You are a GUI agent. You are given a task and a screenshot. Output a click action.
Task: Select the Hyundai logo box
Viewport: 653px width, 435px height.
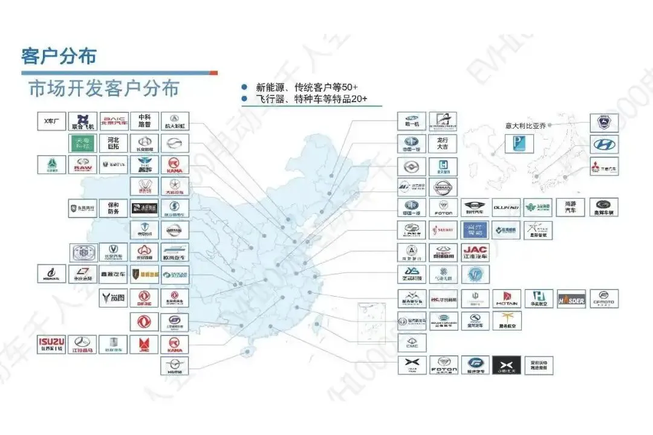[x=604, y=144]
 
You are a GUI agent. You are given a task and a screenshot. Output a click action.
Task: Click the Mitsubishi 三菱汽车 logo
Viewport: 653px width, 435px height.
[x=604, y=166]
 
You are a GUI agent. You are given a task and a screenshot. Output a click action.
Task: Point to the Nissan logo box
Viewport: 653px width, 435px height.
[x=443, y=187]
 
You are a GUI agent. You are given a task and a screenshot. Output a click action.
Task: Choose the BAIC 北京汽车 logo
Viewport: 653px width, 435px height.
[x=113, y=121]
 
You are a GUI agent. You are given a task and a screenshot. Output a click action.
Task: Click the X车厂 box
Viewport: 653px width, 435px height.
[x=51, y=121]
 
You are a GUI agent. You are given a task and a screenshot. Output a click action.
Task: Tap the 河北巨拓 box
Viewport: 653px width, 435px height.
[x=113, y=143]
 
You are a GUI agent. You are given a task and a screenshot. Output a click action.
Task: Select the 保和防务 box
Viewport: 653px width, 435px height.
[x=113, y=208]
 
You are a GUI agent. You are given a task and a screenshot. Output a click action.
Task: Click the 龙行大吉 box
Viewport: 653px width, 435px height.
[x=443, y=143]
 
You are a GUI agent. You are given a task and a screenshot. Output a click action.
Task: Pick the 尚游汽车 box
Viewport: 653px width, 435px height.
[x=570, y=207]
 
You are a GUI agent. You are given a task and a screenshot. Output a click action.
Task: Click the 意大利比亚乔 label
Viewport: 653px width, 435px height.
[x=525, y=126]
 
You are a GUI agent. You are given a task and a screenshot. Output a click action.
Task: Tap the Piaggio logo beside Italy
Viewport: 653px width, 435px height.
[x=519, y=144]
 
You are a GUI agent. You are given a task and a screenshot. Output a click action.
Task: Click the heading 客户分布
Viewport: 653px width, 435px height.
[x=59, y=57]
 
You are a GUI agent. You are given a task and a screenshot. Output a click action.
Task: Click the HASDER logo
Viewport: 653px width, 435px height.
[x=571, y=298]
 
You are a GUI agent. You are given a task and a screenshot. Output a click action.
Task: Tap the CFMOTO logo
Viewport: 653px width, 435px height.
[x=604, y=298]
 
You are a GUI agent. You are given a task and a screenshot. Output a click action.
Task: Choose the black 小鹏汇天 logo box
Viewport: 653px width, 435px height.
[x=507, y=365]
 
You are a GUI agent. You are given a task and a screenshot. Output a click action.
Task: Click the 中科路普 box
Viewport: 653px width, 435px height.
[x=144, y=121]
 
